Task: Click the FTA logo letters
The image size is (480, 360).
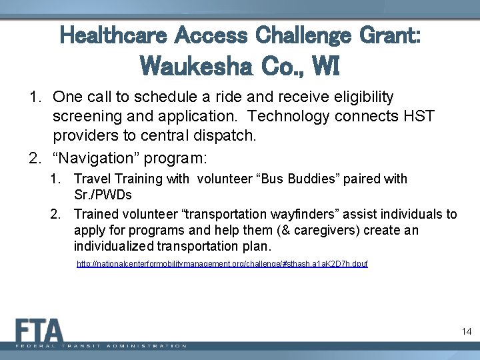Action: (x=40, y=331)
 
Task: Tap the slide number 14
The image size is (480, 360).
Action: (x=466, y=331)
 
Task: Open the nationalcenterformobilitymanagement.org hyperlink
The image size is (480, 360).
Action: (x=222, y=264)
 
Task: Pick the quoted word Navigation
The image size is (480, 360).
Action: (x=91, y=159)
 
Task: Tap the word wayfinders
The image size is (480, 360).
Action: (x=305, y=214)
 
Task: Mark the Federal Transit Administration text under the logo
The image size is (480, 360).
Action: (x=101, y=346)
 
